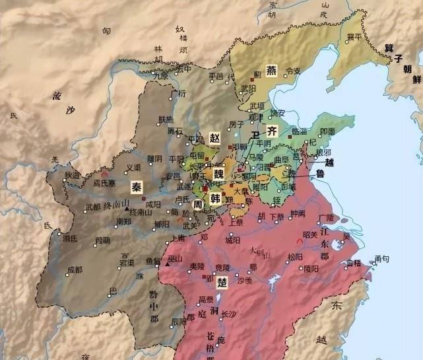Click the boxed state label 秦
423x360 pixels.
(x=137, y=186)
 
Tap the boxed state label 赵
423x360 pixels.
(x=214, y=138)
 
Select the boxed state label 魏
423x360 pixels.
(x=219, y=174)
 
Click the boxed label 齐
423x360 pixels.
(x=271, y=130)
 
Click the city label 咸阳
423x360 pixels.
(x=152, y=205)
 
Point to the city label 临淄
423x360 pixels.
(x=299, y=131)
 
